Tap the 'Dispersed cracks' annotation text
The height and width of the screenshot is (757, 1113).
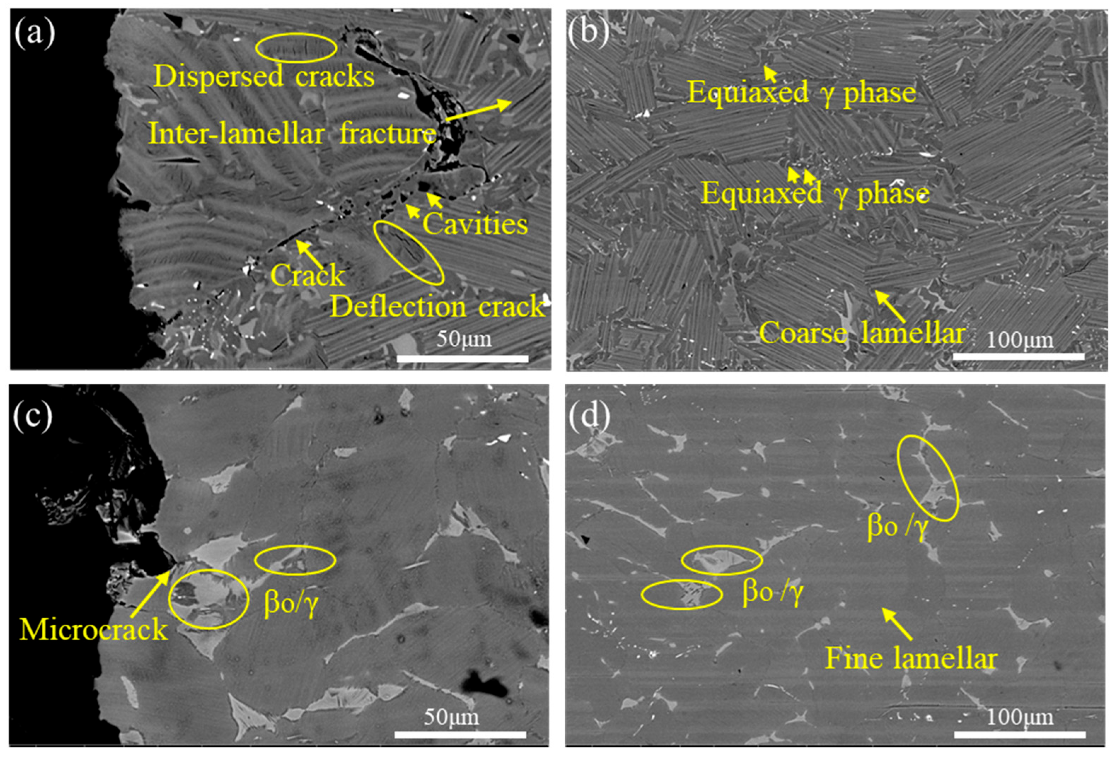[x=264, y=77]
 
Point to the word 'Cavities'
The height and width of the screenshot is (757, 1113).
[x=475, y=224]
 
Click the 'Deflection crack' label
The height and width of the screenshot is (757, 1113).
[x=437, y=306]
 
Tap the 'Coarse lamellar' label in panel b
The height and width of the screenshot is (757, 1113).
[x=861, y=332]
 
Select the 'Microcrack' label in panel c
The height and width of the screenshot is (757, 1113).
[x=94, y=629]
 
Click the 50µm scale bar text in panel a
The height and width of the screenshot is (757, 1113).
[x=463, y=339]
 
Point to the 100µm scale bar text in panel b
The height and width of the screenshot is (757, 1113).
[x=1020, y=340]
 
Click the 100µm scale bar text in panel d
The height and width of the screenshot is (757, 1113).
[x=1020, y=717]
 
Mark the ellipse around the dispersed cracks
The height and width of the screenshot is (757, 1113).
[x=296, y=48]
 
